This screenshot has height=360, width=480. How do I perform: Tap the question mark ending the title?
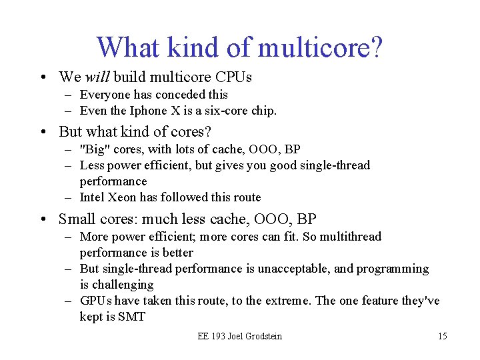[375, 47]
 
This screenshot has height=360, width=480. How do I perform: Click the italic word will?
[97, 77]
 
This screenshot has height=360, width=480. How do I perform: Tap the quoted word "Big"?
[92, 149]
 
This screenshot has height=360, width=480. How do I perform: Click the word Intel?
[92, 197]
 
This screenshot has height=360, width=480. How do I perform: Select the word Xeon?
[124, 197]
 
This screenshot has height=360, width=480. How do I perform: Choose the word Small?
[78, 219]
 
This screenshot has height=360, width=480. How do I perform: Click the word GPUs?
[96, 301]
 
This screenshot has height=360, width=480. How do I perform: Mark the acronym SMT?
[131, 317]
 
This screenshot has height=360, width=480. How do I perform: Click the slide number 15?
[442, 336]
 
